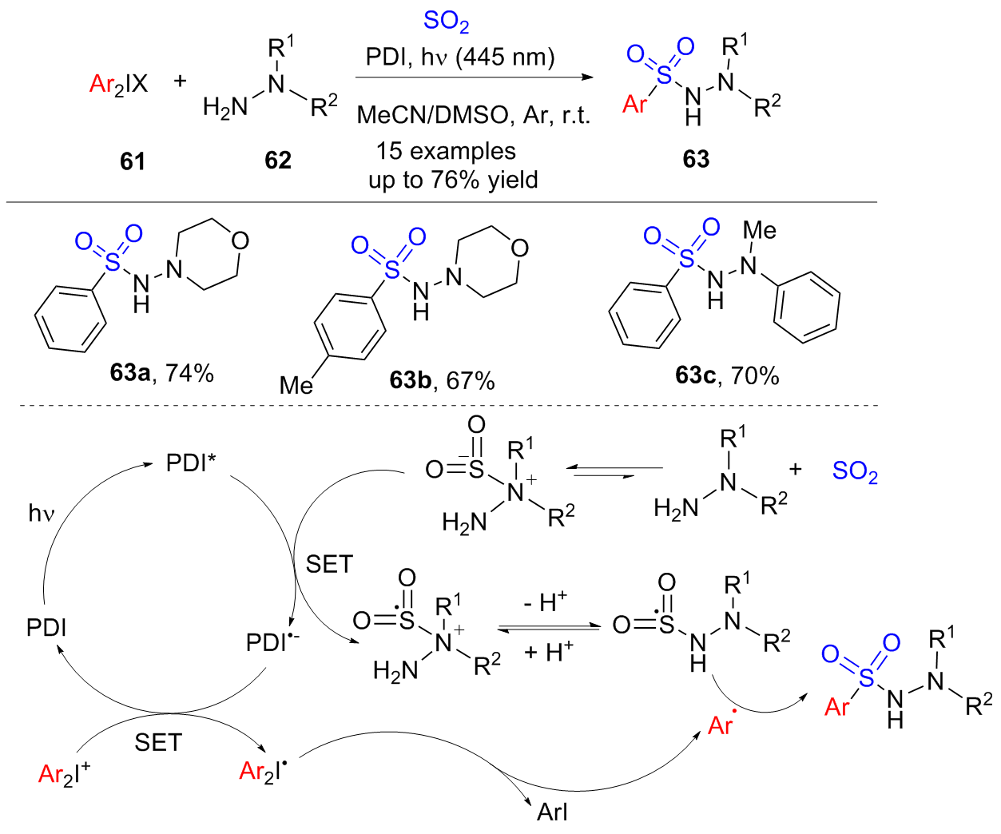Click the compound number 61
pos(133,161)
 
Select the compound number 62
pos(278,161)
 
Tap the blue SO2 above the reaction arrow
pos(446,22)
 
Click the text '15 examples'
pos(446,151)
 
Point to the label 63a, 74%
pos(162,372)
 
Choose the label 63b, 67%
pos(442,380)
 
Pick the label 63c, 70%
pos(727,375)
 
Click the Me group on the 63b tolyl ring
pos(296,386)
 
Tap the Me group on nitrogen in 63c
pos(759,231)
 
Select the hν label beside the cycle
pos(42,513)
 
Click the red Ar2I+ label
pos(64,773)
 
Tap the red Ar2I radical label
pos(263,770)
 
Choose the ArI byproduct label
pos(552,812)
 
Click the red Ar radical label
pos(721,724)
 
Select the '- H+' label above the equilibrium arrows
pos(546,601)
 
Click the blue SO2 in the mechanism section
pos(855,471)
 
